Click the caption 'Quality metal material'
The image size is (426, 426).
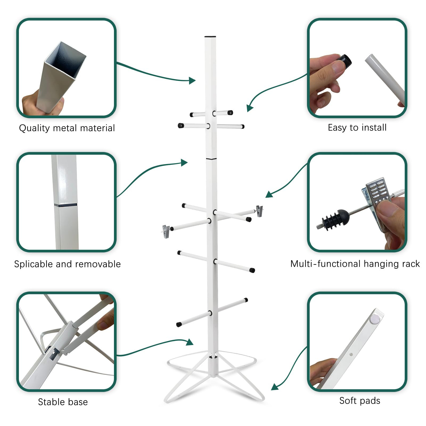(67, 128)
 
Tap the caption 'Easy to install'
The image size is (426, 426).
(357, 128)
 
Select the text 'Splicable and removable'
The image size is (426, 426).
(67, 264)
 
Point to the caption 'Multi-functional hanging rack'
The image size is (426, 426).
(355, 264)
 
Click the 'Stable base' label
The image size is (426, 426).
(63, 402)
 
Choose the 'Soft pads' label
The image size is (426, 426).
(360, 401)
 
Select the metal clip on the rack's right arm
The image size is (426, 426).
(259, 211)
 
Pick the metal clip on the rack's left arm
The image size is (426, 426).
(166, 231)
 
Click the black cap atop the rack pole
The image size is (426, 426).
(210, 36)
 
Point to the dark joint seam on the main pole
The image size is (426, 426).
(211, 159)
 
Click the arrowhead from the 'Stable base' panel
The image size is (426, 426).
(190, 342)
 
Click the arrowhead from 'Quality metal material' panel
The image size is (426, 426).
(192, 80)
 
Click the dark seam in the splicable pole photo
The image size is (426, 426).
(65, 205)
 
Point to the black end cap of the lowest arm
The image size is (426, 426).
(179, 325)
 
